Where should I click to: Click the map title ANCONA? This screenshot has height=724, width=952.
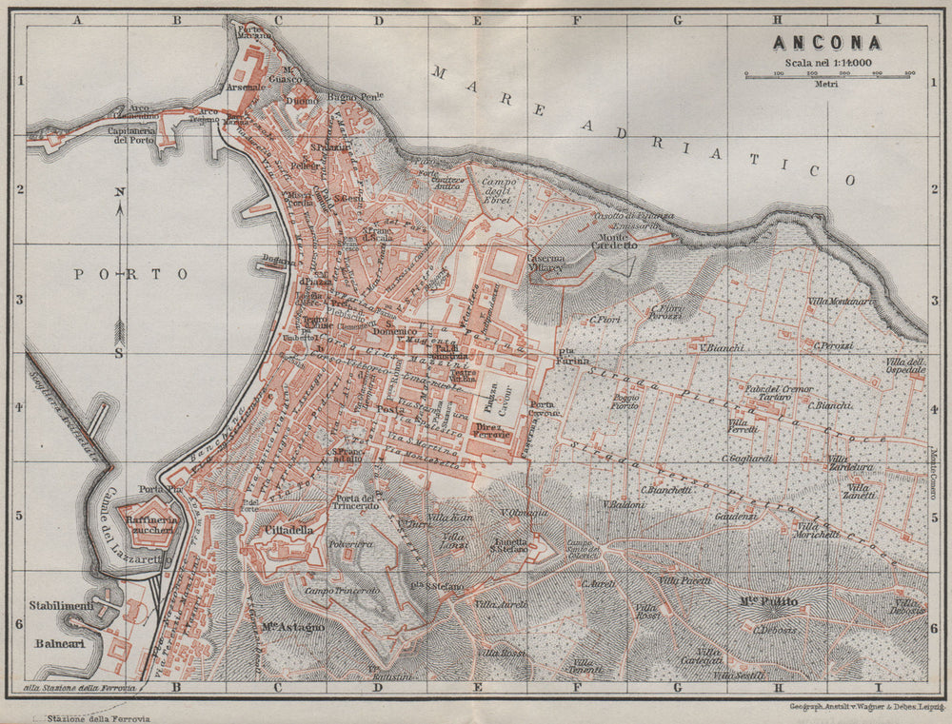826,42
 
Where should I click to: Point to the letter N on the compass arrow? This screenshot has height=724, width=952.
120,192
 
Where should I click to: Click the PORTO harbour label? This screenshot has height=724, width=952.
131,274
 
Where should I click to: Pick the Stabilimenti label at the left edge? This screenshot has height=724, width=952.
61,605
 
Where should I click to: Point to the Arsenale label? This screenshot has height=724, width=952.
244,87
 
